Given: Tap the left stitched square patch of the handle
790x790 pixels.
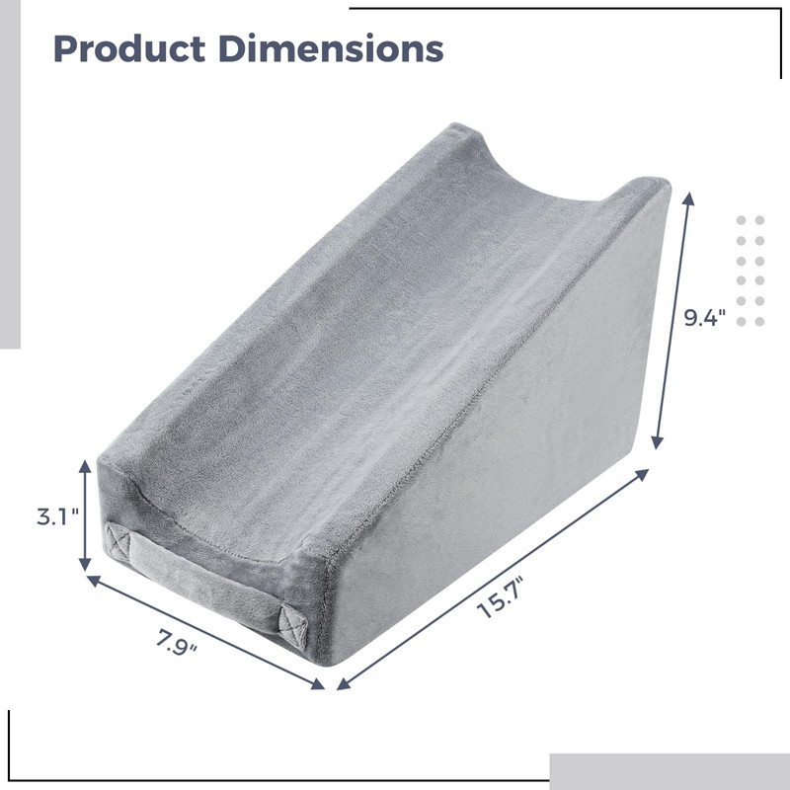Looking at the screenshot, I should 119,542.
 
